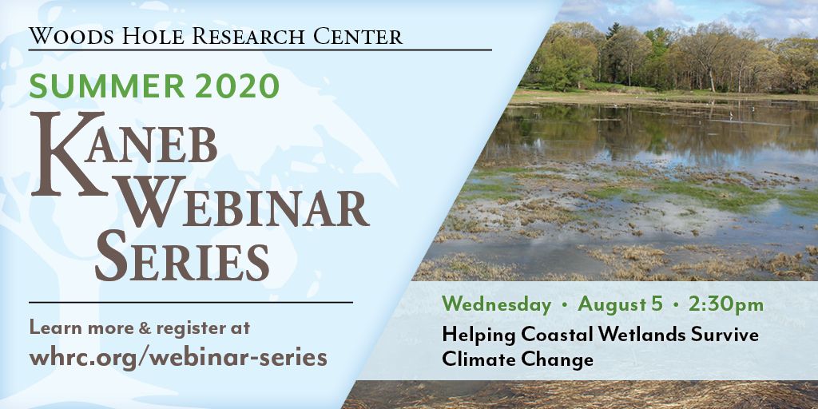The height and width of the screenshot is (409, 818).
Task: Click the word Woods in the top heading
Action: (x=66, y=36)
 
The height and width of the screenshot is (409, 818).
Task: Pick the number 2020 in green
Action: (x=238, y=86)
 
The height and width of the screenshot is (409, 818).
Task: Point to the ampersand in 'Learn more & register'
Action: (x=145, y=328)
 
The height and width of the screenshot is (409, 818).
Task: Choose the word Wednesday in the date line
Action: (x=496, y=305)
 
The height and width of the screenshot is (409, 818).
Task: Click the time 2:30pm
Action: (x=725, y=305)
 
